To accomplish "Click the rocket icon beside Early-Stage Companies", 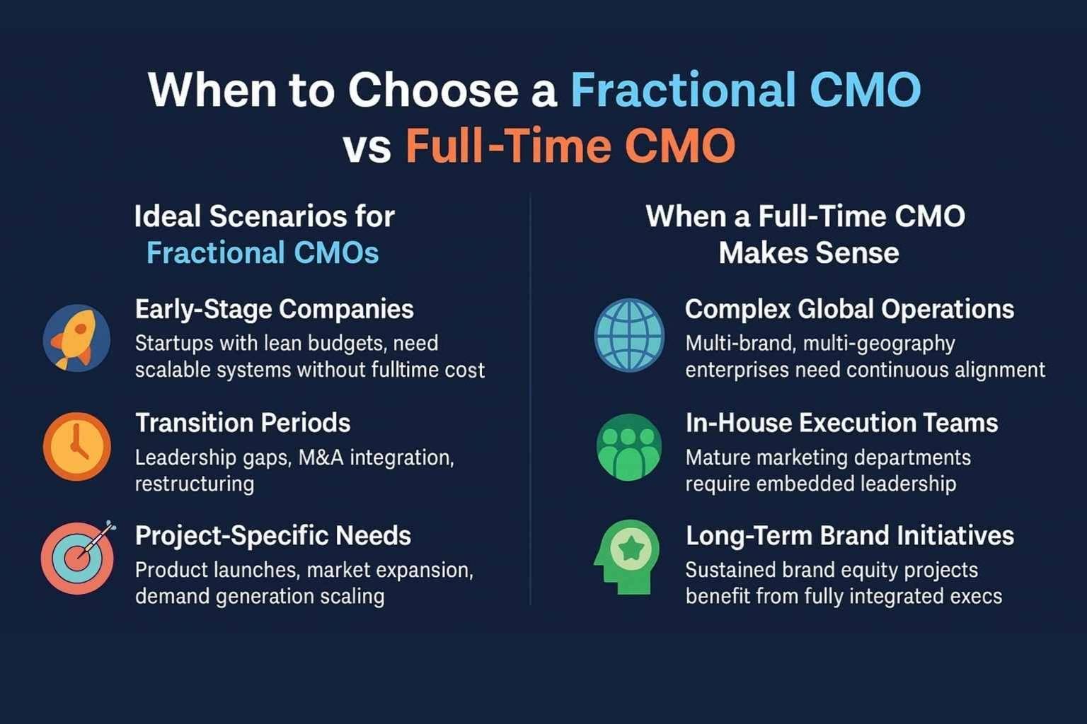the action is click(76, 338).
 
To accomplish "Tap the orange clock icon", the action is click(76, 447).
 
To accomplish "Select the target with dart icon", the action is click(78, 557).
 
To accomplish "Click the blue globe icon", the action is click(629, 335).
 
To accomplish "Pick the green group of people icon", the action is click(629, 447).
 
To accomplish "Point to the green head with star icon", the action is click(626, 557).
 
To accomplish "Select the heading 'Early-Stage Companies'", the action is click(274, 310).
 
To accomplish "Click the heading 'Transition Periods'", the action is click(243, 423).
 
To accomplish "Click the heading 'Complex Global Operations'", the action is click(850, 310).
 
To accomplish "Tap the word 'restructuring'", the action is click(195, 484).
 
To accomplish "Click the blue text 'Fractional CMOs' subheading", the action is click(263, 253).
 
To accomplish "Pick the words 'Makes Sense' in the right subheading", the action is click(809, 253).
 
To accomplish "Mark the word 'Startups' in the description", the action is click(173, 344).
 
